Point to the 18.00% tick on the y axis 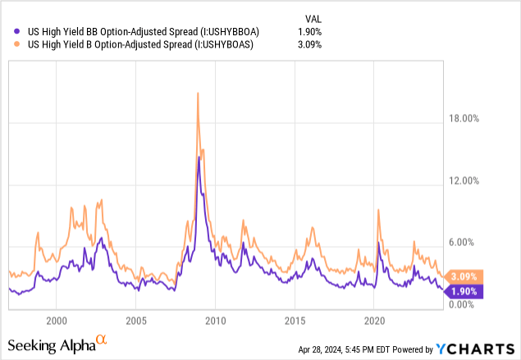[x=462, y=119]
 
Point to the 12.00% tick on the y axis [x=462, y=180]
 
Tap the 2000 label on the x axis [x=57, y=319]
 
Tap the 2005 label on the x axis [x=136, y=319]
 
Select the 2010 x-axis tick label [x=215, y=319]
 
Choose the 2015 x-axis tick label [x=295, y=319]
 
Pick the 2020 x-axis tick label [x=374, y=319]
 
